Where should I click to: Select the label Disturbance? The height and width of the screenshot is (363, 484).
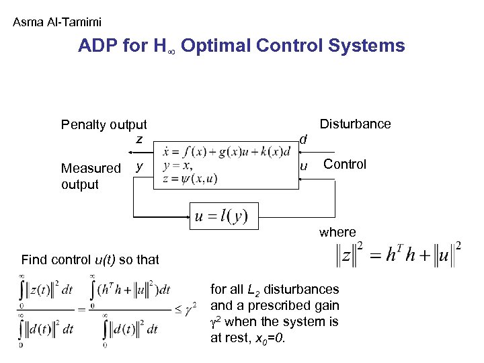355,124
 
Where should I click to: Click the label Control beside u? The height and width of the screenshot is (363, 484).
345,164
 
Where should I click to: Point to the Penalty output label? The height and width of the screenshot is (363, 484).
104,124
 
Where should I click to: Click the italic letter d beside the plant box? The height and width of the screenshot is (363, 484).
303,139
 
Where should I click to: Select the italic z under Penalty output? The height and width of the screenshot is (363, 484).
139,139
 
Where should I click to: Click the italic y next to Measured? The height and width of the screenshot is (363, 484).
138,165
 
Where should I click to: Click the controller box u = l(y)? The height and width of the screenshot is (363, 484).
223,216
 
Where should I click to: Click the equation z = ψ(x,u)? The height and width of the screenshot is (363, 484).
190,178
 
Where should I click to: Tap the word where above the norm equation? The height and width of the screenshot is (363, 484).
337,232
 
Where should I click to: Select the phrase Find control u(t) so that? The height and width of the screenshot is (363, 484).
90,259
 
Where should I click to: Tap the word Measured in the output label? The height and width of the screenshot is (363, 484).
91,168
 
